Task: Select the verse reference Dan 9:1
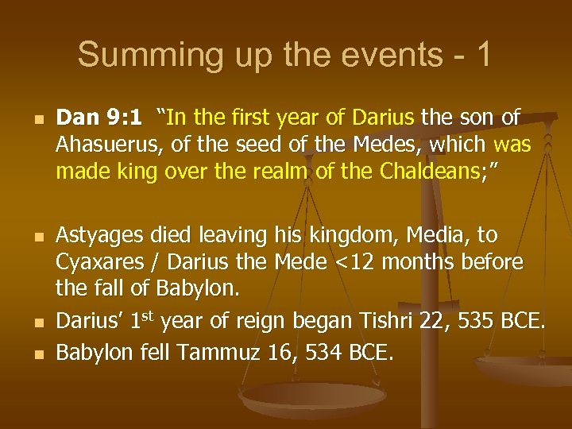point(99,118)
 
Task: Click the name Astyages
point(97,237)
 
